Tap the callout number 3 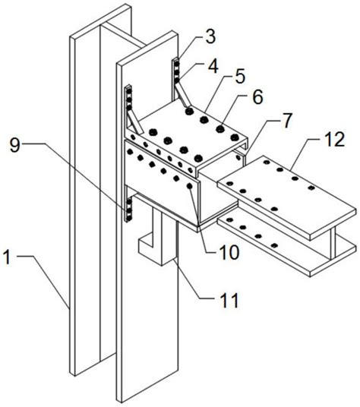pyautogui.click(x=210, y=37)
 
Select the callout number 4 pyautogui.click(x=213, y=67)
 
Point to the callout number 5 pyautogui.click(x=240, y=77)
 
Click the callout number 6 pyautogui.click(x=257, y=97)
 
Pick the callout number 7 pyautogui.click(x=286, y=121)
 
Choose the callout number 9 pyautogui.click(x=14, y=146)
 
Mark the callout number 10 pyautogui.click(x=229, y=252)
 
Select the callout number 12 pyautogui.click(x=336, y=140)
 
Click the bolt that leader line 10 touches pyautogui.click(x=189, y=186)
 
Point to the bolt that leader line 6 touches pyautogui.click(x=220, y=128)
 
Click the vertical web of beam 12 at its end pyautogui.click(x=333, y=242)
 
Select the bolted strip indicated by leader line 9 pyautogui.click(x=128, y=210)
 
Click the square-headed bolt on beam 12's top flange pyautogui.click(x=311, y=188)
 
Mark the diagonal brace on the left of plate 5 pyautogui.click(x=136, y=122)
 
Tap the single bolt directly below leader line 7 pyautogui.click(x=238, y=157)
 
